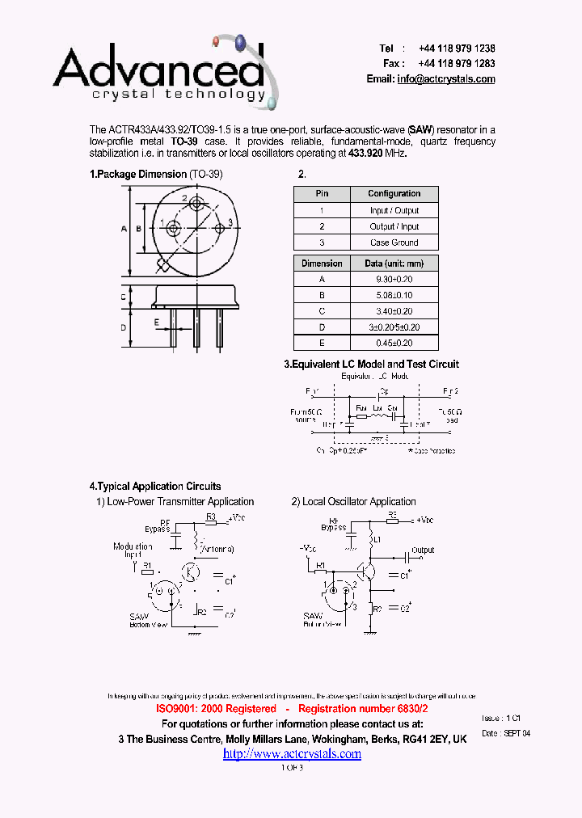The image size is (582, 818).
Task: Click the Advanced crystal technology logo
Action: (x=162, y=73)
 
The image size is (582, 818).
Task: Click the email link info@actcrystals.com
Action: (x=445, y=79)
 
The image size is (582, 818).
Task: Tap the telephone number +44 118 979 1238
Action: (x=457, y=48)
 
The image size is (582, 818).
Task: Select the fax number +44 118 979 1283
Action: (x=457, y=63)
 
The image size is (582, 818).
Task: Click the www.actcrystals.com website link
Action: (x=292, y=754)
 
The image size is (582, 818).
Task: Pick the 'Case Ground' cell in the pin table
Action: (x=394, y=242)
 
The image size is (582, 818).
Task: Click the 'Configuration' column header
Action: (x=394, y=194)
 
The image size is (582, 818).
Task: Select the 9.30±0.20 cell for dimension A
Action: (x=394, y=279)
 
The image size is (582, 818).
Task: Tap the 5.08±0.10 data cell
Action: (x=394, y=295)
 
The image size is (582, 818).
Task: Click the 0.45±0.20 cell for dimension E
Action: (x=394, y=343)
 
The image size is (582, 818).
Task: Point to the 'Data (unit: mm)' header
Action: (x=394, y=264)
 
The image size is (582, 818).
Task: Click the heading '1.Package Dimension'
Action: (x=137, y=174)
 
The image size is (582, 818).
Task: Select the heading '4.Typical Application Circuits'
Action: (x=154, y=487)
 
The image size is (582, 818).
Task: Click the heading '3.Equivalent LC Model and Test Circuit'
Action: (x=371, y=365)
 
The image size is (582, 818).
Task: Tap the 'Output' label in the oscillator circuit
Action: (x=423, y=550)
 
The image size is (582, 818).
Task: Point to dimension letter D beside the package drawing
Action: (x=124, y=327)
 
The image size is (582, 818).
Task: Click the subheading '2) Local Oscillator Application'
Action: (x=353, y=502)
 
